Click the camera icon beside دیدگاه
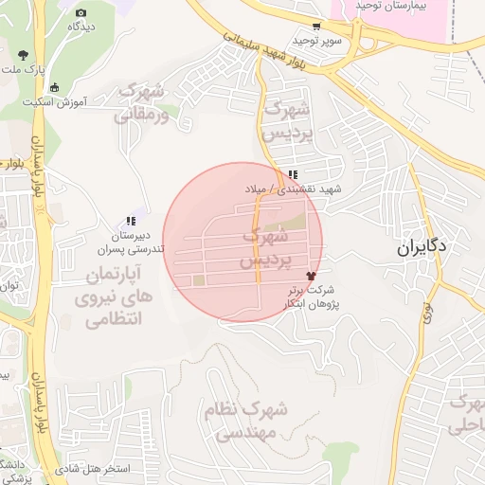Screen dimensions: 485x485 coord(80,11)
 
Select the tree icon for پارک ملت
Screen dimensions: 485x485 coord(23,55)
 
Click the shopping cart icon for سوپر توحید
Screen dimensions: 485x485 coord(314,27)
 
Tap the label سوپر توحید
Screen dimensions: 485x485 coord(314,41)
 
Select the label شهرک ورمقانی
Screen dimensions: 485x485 coord(143,104)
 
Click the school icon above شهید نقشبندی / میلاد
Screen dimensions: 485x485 coord(294,174)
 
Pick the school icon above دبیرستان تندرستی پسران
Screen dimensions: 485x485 coord(131,221)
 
